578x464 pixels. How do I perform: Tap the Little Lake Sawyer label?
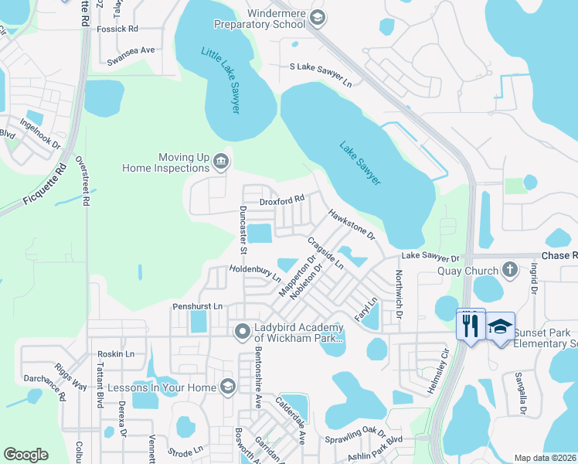(x=220, y=80)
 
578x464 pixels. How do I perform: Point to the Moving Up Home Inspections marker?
(x=221, y=161)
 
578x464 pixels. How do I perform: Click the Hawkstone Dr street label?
(x=351, y=223)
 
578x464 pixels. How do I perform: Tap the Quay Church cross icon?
(x=508, y=270)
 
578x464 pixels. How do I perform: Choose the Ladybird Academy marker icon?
(x=242, y=332)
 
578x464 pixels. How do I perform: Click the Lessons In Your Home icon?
(x=227, y=386)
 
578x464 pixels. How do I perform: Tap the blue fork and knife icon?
(x=471, y=325)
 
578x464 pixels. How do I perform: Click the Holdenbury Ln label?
(x=254, y=274)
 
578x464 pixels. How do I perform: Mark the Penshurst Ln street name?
(x=197, y=306)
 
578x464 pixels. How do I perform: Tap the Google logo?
(x=26, y=455)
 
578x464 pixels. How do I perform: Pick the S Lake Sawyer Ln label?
(x=321, y=68)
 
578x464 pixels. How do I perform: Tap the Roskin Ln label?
(x=116, y=353)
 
